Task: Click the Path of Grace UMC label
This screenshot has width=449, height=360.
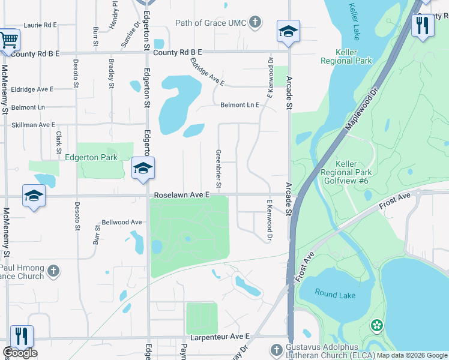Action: [210, 23]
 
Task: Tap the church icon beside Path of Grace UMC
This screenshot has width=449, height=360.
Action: [256, 23]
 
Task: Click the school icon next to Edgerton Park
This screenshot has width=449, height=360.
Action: [143, 169]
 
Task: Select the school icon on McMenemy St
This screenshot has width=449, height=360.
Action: [34, 196]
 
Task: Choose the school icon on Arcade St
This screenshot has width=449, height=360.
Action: [288, 32]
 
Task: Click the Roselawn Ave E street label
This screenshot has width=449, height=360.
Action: [181, 195]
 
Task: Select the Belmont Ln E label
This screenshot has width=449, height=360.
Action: [240, 105]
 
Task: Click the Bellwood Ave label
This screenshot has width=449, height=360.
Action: [122, 222]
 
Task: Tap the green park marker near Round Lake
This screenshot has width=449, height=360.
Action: [377, 326]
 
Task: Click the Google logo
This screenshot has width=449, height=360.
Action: [20, 353]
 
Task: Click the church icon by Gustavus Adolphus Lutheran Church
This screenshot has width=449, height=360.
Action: [276, 349]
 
